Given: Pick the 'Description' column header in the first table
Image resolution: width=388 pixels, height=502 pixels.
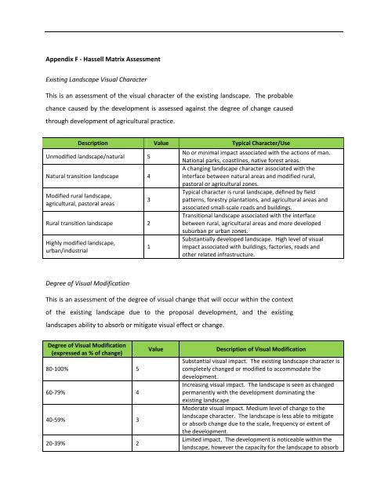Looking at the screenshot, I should coord(87,145).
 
